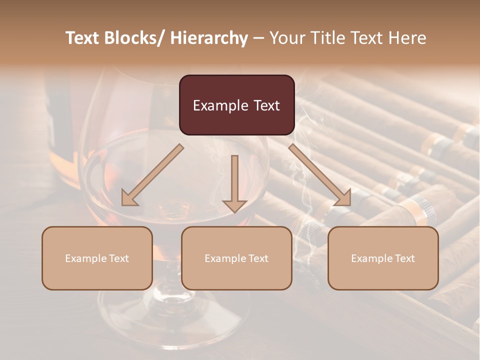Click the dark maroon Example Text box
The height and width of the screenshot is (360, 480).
pyautogui.click(x=236, y=105)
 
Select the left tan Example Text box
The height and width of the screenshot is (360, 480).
pyautogui.click(x=97, y=258)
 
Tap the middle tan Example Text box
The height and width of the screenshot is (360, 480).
pyautogui.click(x=236, y=258)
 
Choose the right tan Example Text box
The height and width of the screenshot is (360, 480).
pyautogui.click(x=383, y=258)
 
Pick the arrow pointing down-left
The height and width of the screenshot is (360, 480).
pyautogui.click(x=152, y=175)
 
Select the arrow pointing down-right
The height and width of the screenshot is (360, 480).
pyautogui.click(x=320, y=175)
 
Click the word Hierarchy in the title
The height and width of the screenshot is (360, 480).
pyautogui.click(x=208, y=38)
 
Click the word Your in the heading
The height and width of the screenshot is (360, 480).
pyautogui.click(x=287, y=38)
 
